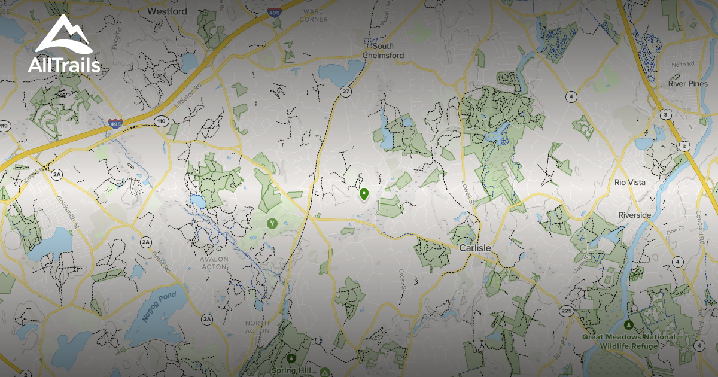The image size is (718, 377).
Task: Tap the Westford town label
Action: coord(167,11)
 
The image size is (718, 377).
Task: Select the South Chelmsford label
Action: coord(383,51)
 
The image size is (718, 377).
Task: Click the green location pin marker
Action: coord(364,194)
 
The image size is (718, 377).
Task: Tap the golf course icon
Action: coord(272,223)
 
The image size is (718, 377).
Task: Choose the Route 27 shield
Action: coord(346,92)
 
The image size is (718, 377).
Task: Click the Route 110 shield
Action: coord(160,121)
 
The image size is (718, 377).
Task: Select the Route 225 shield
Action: coord(566,311)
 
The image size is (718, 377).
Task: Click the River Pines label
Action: coord(687,84)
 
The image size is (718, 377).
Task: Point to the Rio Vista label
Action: coord(630,182)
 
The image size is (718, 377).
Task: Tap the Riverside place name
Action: coord(635,215)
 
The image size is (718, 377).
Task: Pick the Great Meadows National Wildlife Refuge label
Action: coord(629,340)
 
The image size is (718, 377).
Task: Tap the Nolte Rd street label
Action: coord(682,64)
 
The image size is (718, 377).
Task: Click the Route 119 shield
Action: coord(5,126)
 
